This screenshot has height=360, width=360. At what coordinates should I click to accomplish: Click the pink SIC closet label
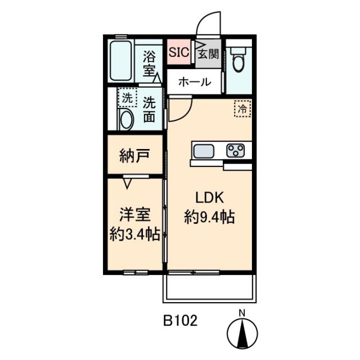tap(179, 52)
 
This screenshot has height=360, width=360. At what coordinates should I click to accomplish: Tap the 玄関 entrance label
tap(208, 55)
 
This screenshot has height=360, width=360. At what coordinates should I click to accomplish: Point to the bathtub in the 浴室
tap(121, 61)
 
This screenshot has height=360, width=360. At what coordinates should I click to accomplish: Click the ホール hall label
tap(195, 82)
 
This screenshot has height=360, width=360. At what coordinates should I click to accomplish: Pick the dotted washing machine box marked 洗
tap(128, 97)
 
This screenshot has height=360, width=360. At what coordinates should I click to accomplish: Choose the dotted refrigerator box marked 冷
tap(242, 109)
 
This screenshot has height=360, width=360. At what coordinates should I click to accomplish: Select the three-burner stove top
tap(235, 151)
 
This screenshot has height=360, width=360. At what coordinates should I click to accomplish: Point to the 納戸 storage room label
tap(135, 156)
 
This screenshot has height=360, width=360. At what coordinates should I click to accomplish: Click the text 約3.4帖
tap(135, 234)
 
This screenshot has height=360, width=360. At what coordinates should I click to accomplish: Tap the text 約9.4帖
tap(209, 217)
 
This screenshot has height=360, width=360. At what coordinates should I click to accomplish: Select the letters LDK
tap(209, 197)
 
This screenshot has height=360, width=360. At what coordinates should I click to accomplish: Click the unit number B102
tap(180, 320)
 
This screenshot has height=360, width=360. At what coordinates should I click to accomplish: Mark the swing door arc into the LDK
tap(185, 114)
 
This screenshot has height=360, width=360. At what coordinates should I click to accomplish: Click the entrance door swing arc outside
tap(203, 18)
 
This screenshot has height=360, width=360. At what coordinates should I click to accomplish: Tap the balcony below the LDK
tap(209, 288)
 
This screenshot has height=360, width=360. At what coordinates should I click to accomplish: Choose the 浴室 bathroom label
tap(149, 64)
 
